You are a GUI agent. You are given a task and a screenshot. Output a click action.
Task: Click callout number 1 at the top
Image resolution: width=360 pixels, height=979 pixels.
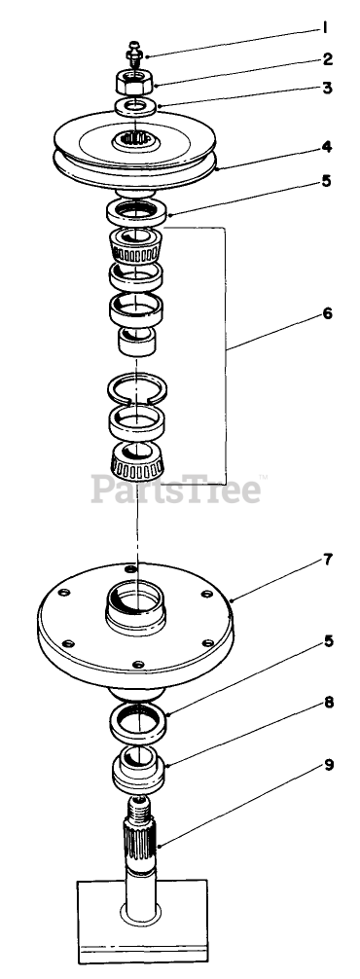(x=325, y=27)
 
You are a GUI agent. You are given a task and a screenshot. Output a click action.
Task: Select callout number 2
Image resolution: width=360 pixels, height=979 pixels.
(x=327, y=60)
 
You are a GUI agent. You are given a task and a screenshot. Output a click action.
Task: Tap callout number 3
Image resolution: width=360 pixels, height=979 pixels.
(x=327, y=88)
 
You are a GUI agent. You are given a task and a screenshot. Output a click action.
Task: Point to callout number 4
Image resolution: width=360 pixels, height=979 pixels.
(x=327, y=148)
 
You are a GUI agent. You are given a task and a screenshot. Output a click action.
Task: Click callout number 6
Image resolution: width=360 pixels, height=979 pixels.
(x=327, y=313)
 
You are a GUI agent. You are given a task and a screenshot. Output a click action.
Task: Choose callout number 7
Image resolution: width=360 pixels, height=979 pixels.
(x=328, y=560)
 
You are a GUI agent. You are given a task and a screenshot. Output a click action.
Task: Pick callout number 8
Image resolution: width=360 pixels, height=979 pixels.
(x=328, y=703)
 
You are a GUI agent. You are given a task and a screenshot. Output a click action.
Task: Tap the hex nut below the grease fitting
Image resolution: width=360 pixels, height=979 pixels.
(x=134, y=81)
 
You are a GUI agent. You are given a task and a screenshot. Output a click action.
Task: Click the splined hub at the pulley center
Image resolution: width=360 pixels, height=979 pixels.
(x=135, y=141)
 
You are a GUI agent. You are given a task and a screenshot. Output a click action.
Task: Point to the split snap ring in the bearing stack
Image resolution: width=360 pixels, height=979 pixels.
(x=136, y=388)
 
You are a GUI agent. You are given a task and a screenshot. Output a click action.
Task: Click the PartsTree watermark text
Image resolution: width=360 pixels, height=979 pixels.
(x=176, y=489)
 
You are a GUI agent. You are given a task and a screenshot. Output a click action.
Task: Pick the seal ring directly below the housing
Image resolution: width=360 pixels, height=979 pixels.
(x=137, y=723)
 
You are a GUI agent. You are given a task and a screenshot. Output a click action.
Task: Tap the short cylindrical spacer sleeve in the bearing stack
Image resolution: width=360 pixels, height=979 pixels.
(x=136, y=342)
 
